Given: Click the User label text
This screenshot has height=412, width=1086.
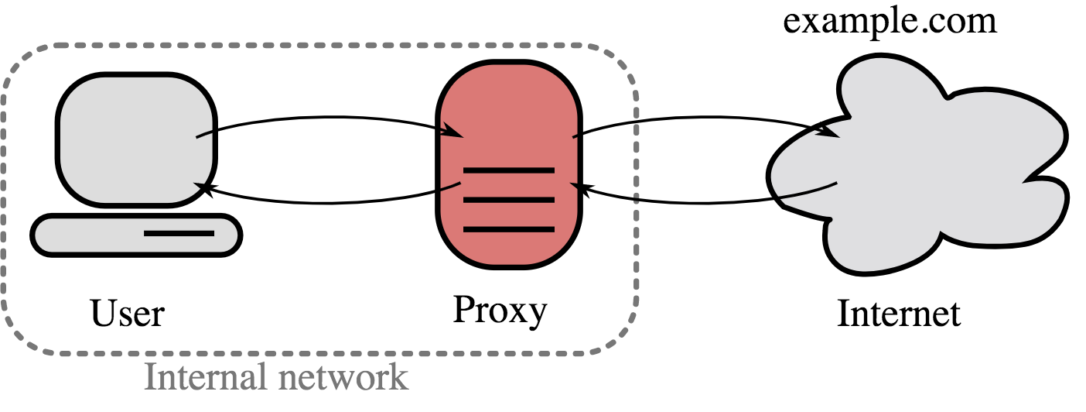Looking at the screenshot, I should pyautogui.click(x=128, y=314).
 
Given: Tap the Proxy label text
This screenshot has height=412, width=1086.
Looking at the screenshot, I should pyautogui.click(x=500, y=310).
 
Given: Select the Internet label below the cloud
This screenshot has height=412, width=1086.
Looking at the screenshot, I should pyautogui.click(x=899, y=314).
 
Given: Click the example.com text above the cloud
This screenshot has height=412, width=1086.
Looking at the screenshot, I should pyautogui.click(x=890, y=22).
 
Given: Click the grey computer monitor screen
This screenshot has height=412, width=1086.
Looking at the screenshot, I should pyautogui.click(x=135, y=139).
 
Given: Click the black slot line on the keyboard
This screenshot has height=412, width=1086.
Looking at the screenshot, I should pyautogui.click(x=179, y=233).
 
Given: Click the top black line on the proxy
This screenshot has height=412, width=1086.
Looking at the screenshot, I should pyautogui.click(x=508, y=170).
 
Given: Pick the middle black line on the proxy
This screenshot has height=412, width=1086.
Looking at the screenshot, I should pyautogui.click(x=508, y=200).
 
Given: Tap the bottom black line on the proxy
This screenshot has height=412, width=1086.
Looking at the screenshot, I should pyautogui.click(x=508, y=229).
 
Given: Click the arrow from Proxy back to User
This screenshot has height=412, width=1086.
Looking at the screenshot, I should pyautogui.click(x=325, y=204).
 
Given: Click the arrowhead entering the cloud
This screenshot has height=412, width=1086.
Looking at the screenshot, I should pyautogui.click(x=834, y=135).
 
